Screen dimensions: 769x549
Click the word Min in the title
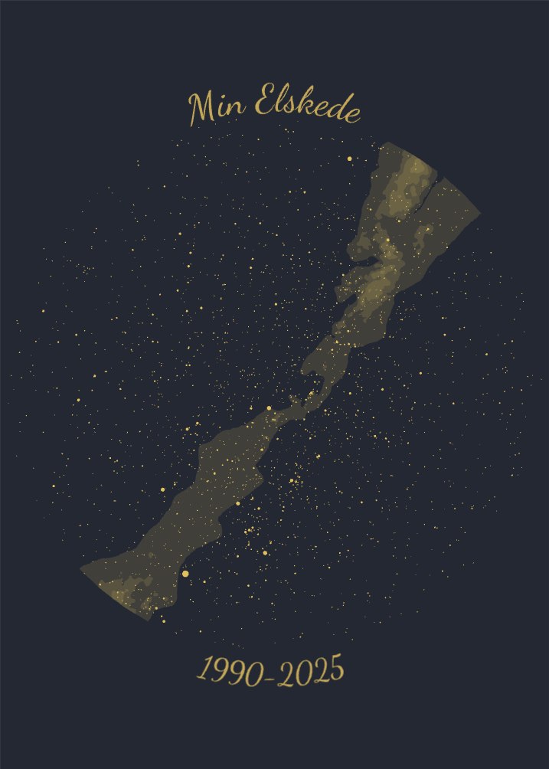coord(217,107)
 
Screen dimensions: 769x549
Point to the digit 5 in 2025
coord(335,670)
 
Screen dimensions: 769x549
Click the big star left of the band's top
coord(350,159)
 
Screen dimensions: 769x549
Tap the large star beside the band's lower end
coord(185,574)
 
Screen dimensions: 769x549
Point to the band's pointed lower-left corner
coord(81,569)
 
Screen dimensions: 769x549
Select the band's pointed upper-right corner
coord(479,212)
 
